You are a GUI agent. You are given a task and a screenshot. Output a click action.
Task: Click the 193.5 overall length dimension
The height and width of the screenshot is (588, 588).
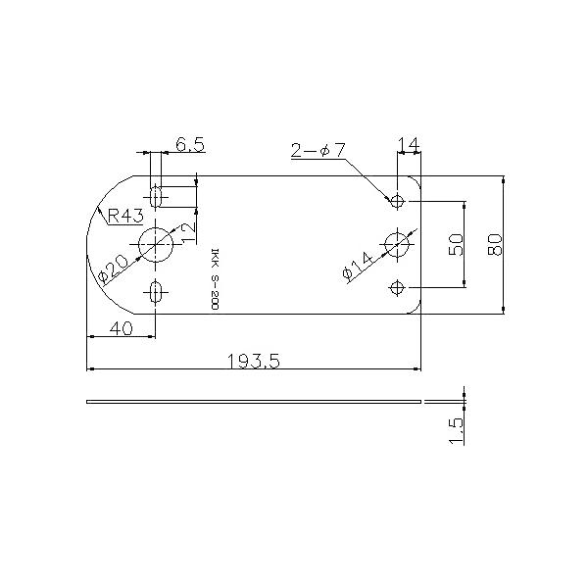point(254,361)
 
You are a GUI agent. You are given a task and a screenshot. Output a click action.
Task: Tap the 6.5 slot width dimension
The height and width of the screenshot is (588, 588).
point(189,145)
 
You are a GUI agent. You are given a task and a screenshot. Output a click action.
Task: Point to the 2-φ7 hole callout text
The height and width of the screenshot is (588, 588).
point(318,150)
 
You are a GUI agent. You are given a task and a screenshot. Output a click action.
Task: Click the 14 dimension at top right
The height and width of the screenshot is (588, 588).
point(409,145)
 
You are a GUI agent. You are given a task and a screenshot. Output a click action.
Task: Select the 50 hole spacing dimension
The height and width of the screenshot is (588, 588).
point(456,245)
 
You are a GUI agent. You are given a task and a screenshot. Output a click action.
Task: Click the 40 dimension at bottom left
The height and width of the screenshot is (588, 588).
point(121,328)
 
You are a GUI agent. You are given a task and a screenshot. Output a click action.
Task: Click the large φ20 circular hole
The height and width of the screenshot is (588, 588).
point(154,244)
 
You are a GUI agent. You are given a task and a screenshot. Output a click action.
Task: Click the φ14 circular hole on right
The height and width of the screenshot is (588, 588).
point(397,244)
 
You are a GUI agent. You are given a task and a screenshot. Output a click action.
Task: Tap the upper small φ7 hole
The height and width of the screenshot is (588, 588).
point(397,201)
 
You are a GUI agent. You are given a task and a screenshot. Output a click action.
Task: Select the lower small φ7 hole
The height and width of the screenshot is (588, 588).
point(397,287)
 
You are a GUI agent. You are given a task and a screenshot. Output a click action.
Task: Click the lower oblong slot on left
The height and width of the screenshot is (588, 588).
point(155,291)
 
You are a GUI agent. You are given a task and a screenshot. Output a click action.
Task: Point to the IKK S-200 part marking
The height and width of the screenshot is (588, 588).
point(215,278)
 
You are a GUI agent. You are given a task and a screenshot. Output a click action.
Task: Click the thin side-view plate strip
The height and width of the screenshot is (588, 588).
point(254,402)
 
